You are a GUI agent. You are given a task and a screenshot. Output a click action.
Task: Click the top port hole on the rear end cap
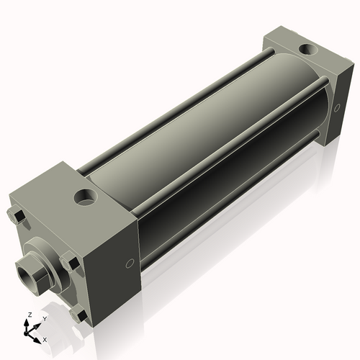coord(307,50)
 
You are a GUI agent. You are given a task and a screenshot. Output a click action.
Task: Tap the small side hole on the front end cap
coord(130,264)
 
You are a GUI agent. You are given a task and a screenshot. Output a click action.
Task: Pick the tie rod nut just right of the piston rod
coord(69,261)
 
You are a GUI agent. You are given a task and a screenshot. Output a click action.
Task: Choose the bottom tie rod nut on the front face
coord(78,314)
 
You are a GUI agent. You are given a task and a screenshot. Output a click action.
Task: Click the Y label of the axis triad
coord(44,318)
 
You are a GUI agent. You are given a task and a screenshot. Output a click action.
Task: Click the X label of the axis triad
coord(45,338)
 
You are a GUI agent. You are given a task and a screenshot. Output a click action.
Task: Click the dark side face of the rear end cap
coord(328,108)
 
